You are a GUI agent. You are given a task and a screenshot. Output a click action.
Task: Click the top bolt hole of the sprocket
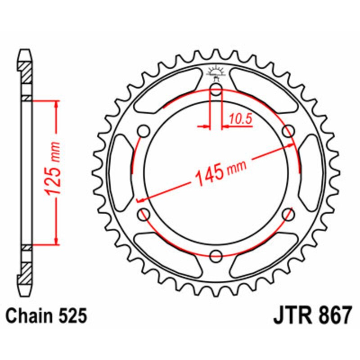click(x=216, y=90)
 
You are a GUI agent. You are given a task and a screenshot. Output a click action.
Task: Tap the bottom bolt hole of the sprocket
click(x=216, y=256)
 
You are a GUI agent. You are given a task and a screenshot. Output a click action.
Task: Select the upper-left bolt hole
click(x=144, y=131)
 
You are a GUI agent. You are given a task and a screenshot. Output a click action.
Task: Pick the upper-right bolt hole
click(x=288, y=131)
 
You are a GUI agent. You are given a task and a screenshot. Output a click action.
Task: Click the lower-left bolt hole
click(x=144, y=214)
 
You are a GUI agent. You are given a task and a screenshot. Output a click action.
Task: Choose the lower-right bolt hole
click(x=288, y=214)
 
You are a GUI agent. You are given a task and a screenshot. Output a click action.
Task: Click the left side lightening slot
click(x=120, y=173)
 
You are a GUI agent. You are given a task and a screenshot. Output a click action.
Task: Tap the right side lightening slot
click(x=312, y=173)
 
